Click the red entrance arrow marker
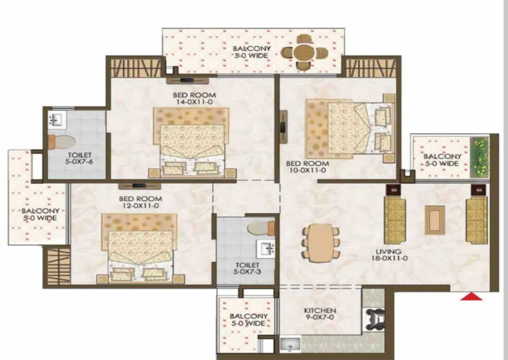point(471,296)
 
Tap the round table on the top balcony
point(304,52)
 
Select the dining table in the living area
point(321,242)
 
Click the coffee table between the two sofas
point(434,220)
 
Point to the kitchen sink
point(290,344)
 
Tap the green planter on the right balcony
point(479,158)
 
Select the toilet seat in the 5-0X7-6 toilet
point(61,142)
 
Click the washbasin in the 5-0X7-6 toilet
point(57,119)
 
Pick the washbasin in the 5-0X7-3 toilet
point(265,249)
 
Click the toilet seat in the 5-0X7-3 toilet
point(261,228)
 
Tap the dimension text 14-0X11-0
point(195,102)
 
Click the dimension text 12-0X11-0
point(140,205)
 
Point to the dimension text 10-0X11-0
point(306,170)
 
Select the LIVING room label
point(389,251)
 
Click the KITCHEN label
point(320,310)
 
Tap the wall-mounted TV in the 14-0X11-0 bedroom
point(187,80)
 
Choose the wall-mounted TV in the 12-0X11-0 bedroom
point(140,186)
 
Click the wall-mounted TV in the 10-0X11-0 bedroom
point(283,127)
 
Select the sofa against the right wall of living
point(477,220)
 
